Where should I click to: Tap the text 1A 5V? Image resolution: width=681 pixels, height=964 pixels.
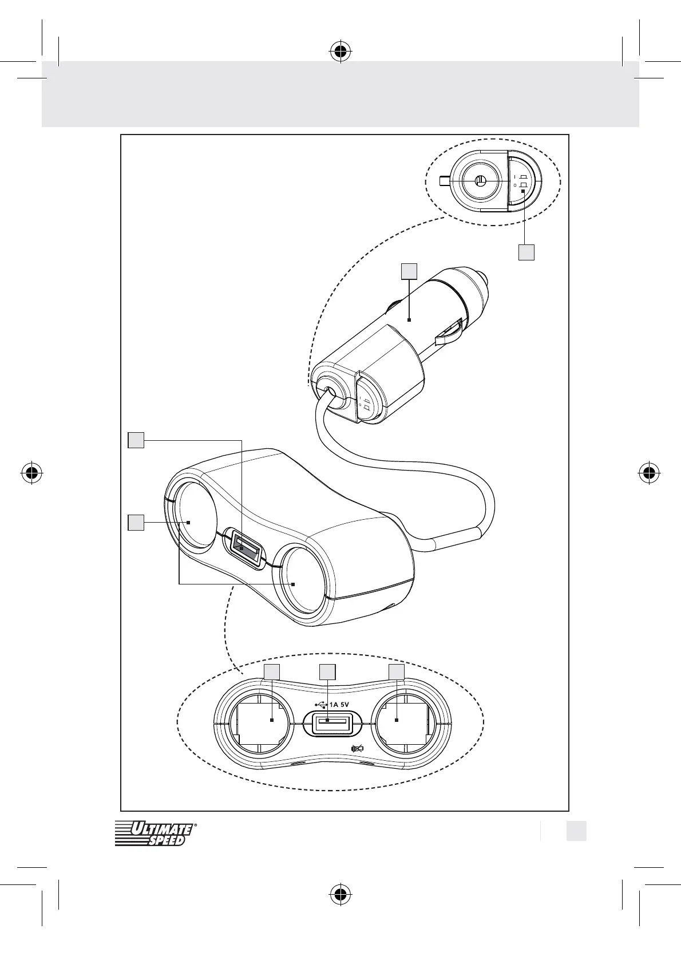[x=339, y=705]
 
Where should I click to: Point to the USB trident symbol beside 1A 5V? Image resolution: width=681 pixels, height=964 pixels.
[x=321, y=705]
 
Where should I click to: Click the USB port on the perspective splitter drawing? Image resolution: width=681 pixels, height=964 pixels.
[x=244, y=548]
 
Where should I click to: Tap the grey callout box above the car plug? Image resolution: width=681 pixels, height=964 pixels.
[x=409, y=271]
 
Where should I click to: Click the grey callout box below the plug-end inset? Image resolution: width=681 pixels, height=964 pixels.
[x=526, y=252]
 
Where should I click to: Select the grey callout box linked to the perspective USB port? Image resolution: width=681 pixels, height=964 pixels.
[x=136, y=440]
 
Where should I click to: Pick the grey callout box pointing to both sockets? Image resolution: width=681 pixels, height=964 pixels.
[x=136, y=523]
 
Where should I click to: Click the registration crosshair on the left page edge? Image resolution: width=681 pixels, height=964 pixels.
[x=32, y=472]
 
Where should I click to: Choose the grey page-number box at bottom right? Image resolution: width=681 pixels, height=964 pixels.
[x=576, y=831]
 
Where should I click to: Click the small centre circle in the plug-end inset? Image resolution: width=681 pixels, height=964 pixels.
[x=480, y=181]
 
